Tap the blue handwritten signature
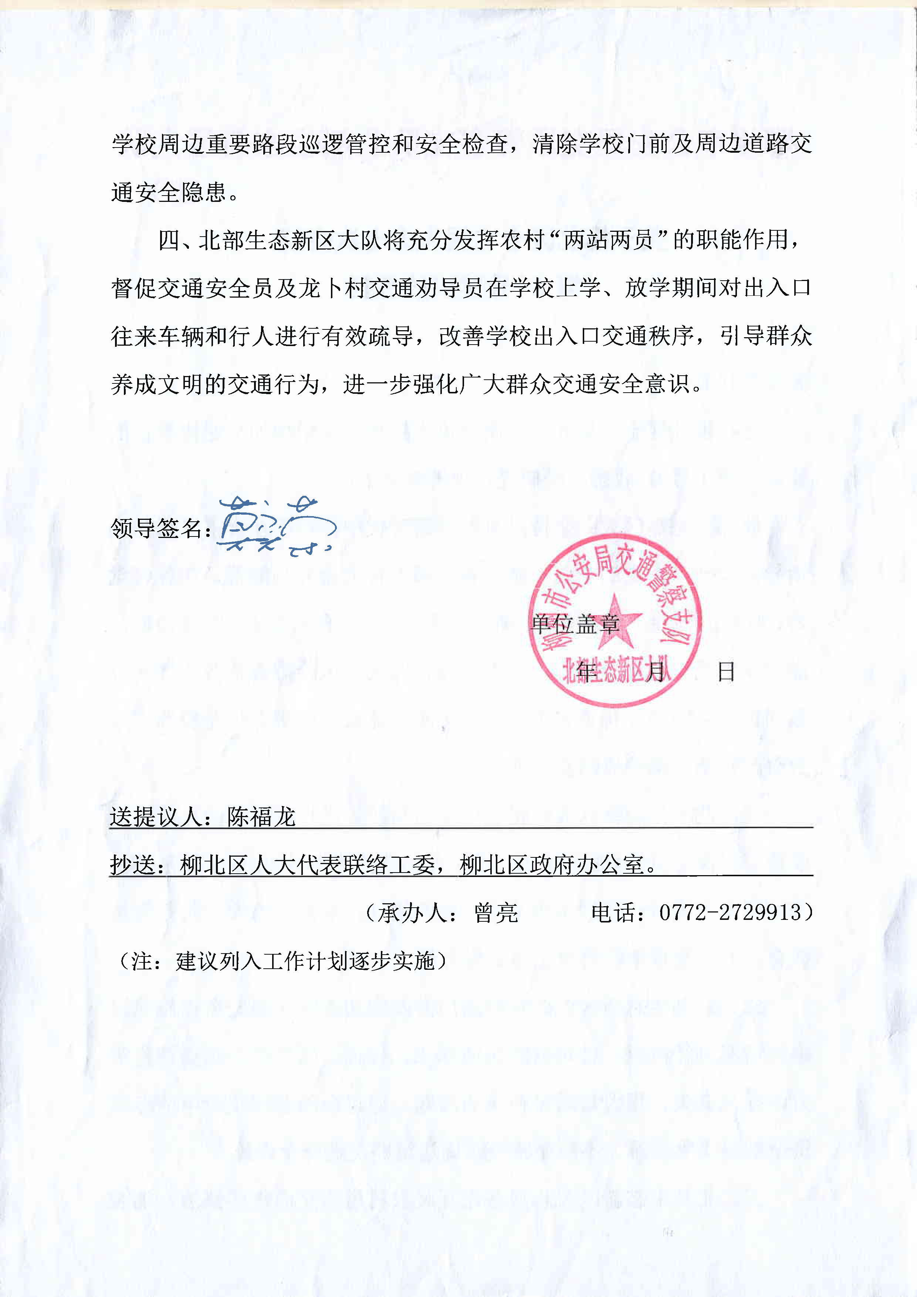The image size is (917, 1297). [x=277, y=525]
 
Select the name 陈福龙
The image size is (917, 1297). [x=261, y=817]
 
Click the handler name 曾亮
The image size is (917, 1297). [x=496, y=913]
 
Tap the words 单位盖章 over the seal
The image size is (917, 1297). [x=575, y=624]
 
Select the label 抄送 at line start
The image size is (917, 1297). [x=133, y=865]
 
